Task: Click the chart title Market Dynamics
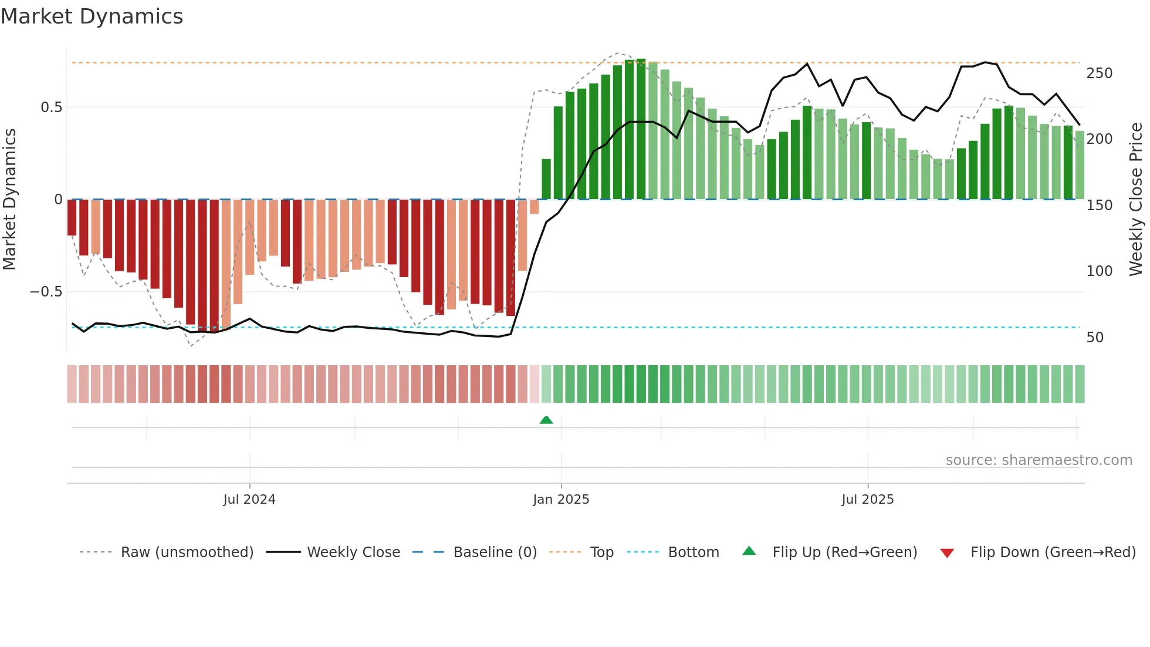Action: [92, 16]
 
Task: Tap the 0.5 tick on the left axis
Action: [51, 107]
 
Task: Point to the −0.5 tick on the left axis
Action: [46, 292]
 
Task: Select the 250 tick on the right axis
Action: [1099, 73]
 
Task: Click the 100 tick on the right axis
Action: [1099, 271]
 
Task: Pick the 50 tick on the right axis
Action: [1095, 338]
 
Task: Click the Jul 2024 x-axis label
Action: [249, 500]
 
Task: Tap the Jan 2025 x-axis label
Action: [561, 500]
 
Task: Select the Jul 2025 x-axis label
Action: [868, 500]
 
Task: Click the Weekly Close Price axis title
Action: [1137, 200]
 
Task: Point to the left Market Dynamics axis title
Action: [9, 200]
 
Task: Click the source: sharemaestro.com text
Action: [1039, 460]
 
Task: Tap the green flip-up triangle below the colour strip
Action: [546, 420]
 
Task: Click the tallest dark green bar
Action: [641, 129]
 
